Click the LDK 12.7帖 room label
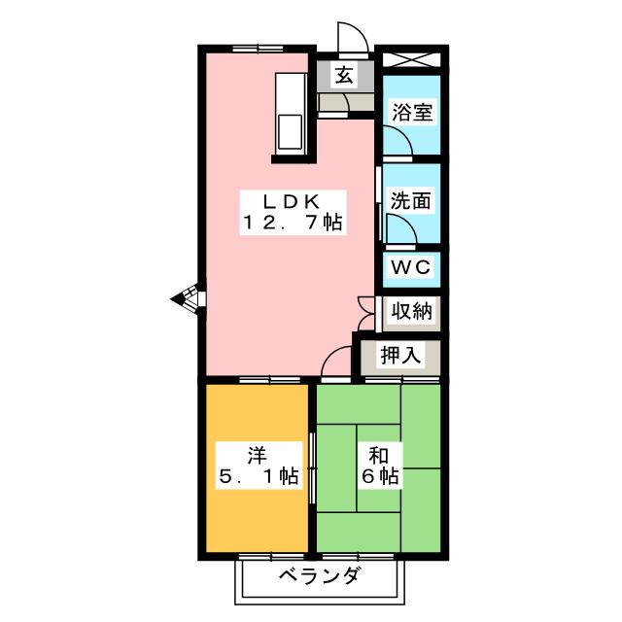[294, 213]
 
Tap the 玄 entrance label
[344, 75]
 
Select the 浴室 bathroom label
[412, 113]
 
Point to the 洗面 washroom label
[410, 201]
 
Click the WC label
[410, 267]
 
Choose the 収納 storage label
[411, 311]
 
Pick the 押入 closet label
[399, 354]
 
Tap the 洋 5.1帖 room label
[259, 466]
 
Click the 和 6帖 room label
[379, 466]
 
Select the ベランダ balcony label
[320, 575]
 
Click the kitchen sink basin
[290, 132]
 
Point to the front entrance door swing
[353, 38]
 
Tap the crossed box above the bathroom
[411, 59]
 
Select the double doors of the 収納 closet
[366, 314]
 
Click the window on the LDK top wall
[258, 49]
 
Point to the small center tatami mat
[378, 468]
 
